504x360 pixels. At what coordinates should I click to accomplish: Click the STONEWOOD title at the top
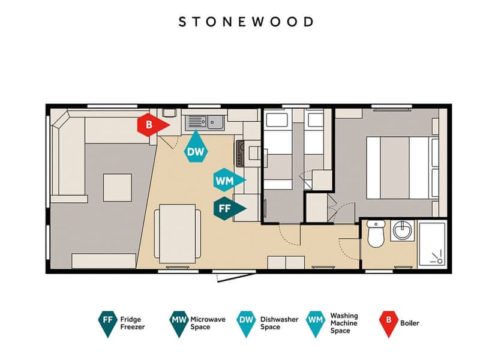[246, 22]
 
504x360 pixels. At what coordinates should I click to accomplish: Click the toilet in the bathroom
[376, 233]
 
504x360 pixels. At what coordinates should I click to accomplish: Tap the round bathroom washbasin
[403, 230]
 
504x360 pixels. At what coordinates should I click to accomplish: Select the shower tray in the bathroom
[432, 244]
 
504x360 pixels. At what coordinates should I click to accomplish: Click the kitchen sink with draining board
[205, 122]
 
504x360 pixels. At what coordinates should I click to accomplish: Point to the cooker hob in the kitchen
[240, 154]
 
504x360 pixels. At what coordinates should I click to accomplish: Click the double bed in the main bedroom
[403, 168]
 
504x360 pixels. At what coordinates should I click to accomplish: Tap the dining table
[178, 233]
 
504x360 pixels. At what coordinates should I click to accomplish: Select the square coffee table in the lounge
[118, 188]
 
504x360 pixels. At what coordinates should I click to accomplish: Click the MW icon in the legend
[179, 323]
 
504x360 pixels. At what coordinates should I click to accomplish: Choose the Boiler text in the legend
[409, 323]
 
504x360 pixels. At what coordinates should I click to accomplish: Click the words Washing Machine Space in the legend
[344, 323]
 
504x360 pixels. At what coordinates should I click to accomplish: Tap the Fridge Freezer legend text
[133, 323]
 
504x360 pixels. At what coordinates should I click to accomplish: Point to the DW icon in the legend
[246, 323]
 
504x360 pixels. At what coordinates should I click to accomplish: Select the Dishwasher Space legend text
[280, 323]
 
